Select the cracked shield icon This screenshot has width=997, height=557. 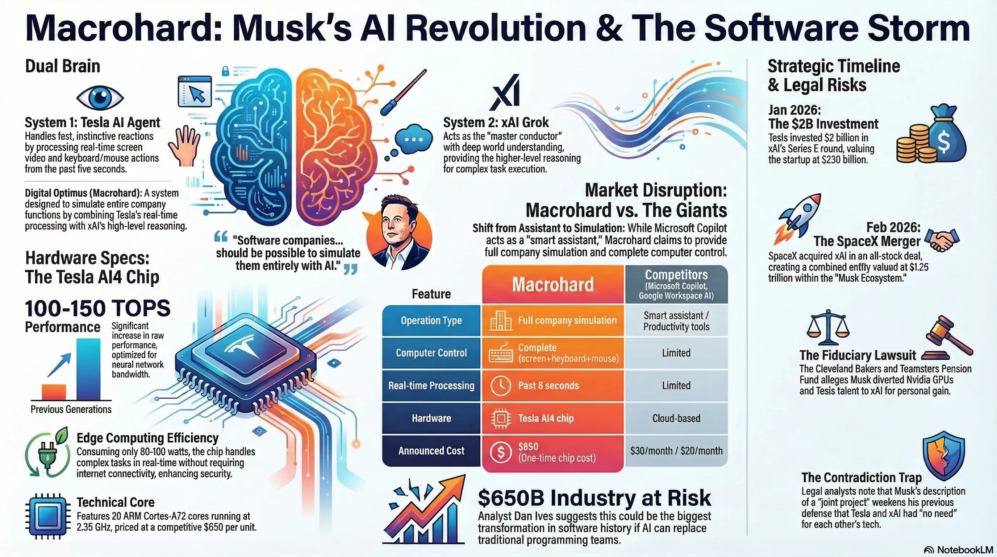tap(944, 455)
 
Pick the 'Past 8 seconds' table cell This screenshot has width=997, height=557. tap(553, 386)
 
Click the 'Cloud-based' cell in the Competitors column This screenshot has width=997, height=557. tap(676, 418)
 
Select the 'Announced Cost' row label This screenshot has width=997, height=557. tap(431, 451)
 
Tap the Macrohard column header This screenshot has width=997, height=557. tap(553, 284)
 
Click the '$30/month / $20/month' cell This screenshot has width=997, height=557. tap(676, 451)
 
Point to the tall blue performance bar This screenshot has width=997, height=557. tap(88, 369)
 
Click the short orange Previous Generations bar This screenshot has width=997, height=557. tap(54, 392)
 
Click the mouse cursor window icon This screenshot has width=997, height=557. tap(195, 91)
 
